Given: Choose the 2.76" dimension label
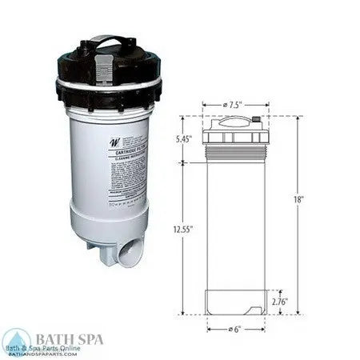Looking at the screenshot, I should [x=278, y=302].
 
